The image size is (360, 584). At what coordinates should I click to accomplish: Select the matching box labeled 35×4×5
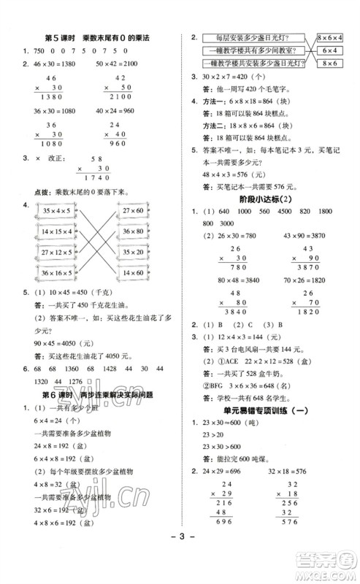(x=58, y=210)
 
